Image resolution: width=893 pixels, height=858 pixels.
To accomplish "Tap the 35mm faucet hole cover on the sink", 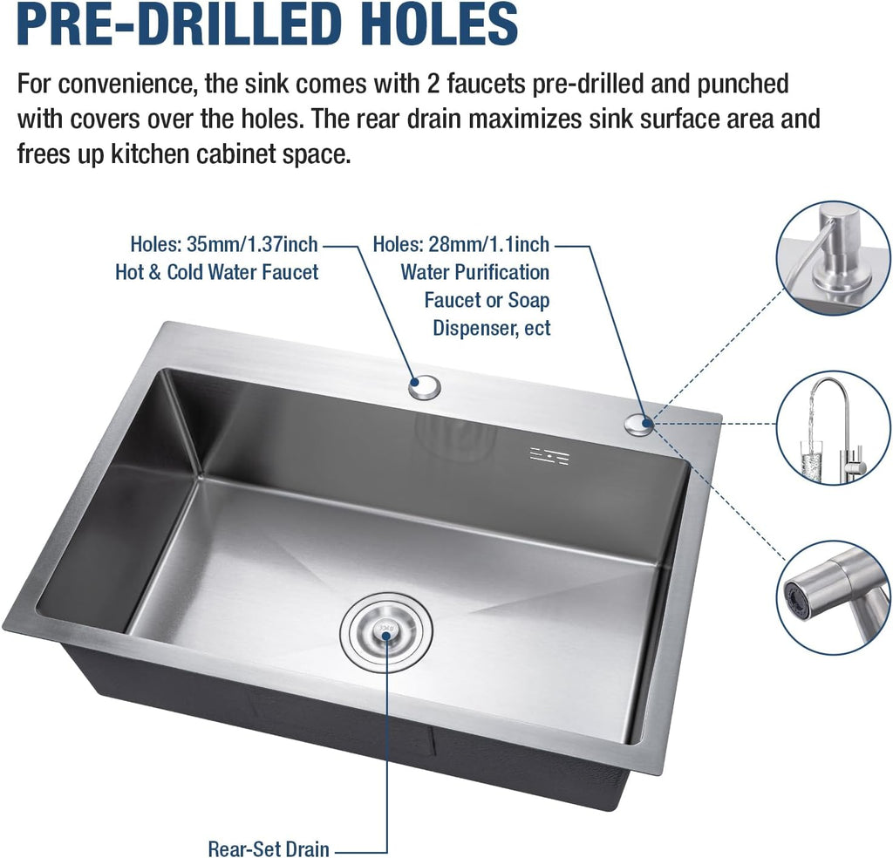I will click(x=426, y=386).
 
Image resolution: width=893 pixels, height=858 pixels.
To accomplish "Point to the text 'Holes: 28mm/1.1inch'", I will click(x=461, y=244).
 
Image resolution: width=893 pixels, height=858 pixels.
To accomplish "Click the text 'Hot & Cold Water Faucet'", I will click(x=216, y=272).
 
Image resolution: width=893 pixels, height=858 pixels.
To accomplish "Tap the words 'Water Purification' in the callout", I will click(x=474, y=272).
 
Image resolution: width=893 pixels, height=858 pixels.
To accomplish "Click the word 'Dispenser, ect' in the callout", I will click(x=492, y=329).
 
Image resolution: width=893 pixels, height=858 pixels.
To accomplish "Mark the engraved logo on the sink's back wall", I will click(x=550, y=454).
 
